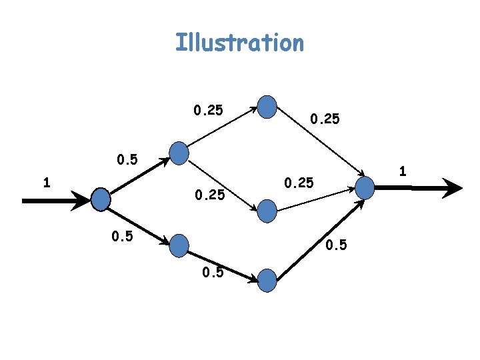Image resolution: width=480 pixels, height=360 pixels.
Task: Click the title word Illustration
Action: pos(239,43)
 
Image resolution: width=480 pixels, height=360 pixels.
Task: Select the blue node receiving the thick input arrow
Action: pos(101,199)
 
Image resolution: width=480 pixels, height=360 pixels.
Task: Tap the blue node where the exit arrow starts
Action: pos(365,187)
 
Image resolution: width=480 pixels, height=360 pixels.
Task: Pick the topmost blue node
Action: pos(267,107)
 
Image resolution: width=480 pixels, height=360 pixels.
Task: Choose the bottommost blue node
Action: pos(267,280)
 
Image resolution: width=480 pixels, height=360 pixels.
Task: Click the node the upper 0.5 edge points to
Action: pos(179,153)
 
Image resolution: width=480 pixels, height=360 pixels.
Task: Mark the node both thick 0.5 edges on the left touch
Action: pos(101,199)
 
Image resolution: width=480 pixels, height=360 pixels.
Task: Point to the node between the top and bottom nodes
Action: pos(267,211)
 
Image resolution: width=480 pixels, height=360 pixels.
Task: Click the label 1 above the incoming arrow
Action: pos(46,182)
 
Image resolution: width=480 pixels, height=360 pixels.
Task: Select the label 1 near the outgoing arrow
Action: pos(403,171)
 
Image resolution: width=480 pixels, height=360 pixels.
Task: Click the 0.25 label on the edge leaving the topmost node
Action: pos(324,119)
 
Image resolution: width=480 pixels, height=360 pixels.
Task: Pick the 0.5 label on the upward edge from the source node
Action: pos(127,160)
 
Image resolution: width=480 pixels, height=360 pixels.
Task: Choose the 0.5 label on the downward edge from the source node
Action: pos(124,235)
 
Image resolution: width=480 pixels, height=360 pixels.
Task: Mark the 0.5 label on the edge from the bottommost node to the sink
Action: pos(336,245)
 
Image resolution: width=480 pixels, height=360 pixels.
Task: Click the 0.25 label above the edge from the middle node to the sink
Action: pos(299,182)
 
